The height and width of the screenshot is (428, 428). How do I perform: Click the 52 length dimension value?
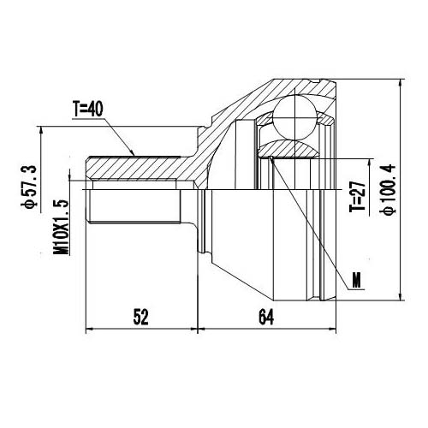click(x=141, y=317)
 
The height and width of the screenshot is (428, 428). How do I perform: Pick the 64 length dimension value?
click(x=265, y=317)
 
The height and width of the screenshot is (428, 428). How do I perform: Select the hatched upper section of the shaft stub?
click(x=137, y=168)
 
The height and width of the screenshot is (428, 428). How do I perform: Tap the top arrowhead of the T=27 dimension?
click(x=368, y=159)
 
